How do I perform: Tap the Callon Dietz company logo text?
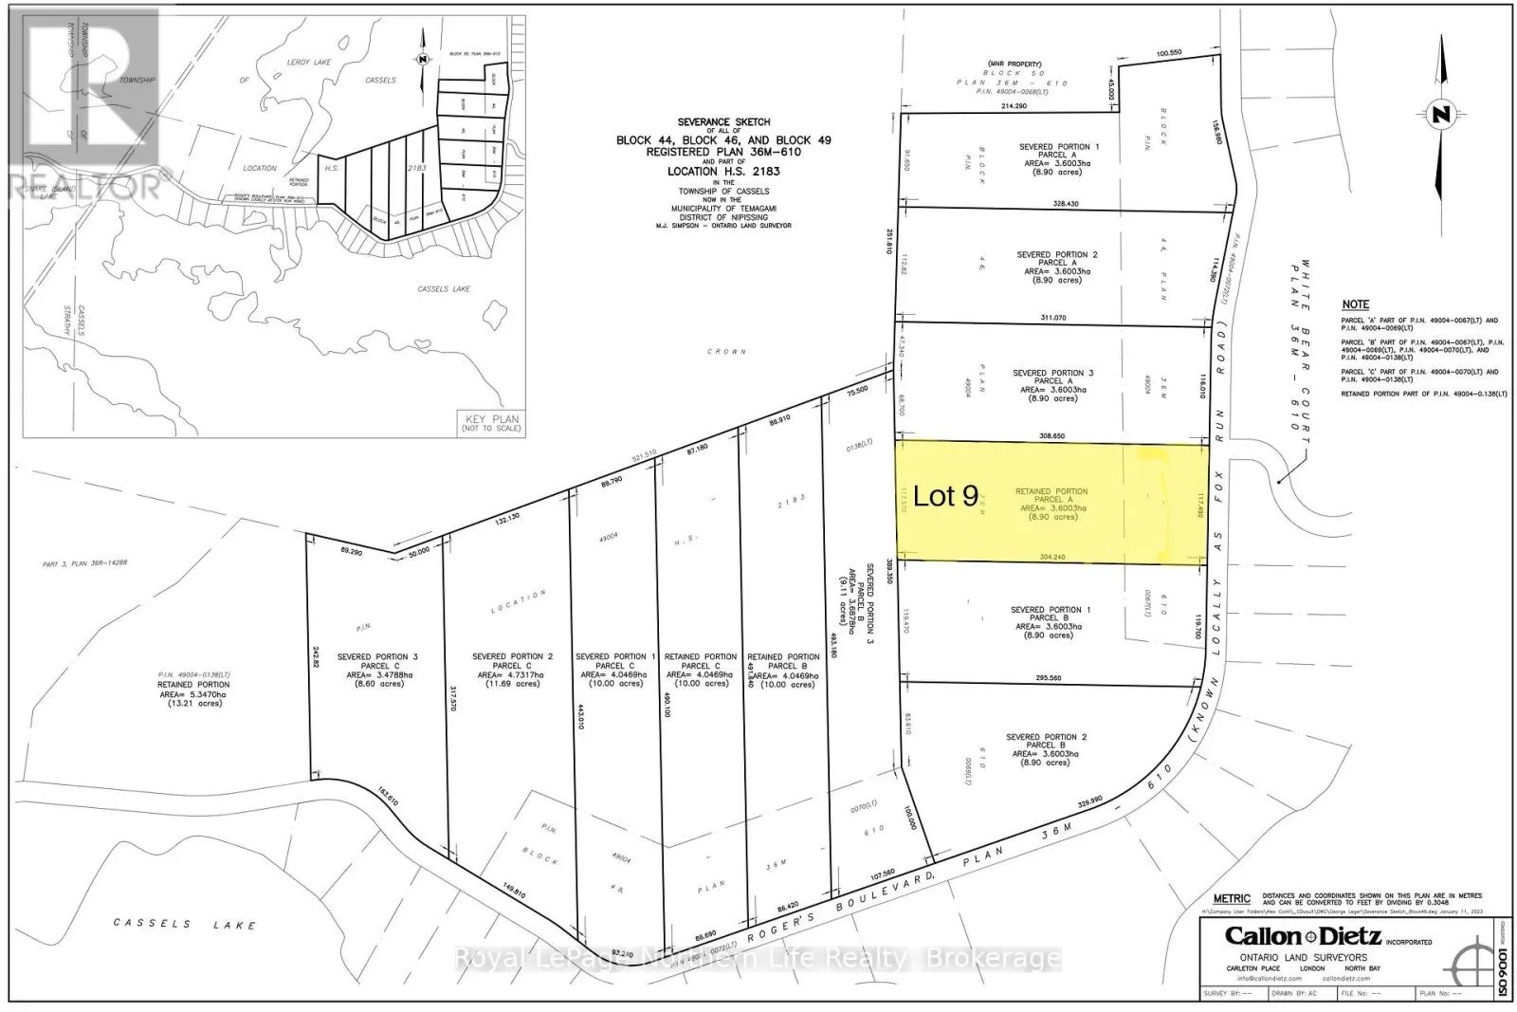click(x=1327, y=935)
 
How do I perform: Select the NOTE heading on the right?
click(x=1355, y=304)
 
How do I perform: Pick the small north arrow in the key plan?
click(x=422, y=57)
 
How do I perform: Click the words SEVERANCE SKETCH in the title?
click(x=722, y=122)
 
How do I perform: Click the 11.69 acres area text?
click(x=512, y=683)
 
